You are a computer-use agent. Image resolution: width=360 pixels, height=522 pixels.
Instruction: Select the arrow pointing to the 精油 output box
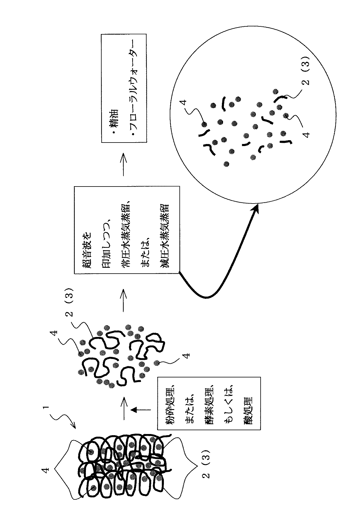click(123, 165)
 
